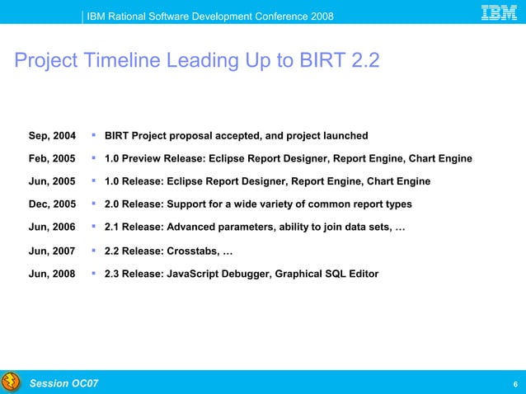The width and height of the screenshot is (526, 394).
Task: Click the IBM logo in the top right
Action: (x=499, y=13)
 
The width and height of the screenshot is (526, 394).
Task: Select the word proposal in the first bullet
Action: (x=195, y=135)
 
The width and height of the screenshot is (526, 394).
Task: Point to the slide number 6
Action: (x=514, y=384)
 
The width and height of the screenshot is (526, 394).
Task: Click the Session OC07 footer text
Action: (x=63, y=383)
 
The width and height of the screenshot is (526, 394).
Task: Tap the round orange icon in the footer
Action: (x=11, y=382)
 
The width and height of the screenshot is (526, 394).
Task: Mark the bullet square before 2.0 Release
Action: (x=95, y=203)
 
